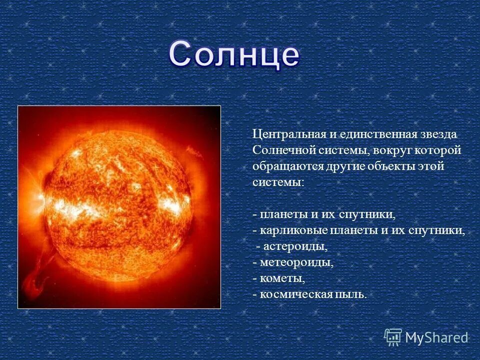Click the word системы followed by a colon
coord(277,182)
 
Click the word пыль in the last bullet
coord(351,294)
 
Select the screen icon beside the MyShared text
coord(393,337)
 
